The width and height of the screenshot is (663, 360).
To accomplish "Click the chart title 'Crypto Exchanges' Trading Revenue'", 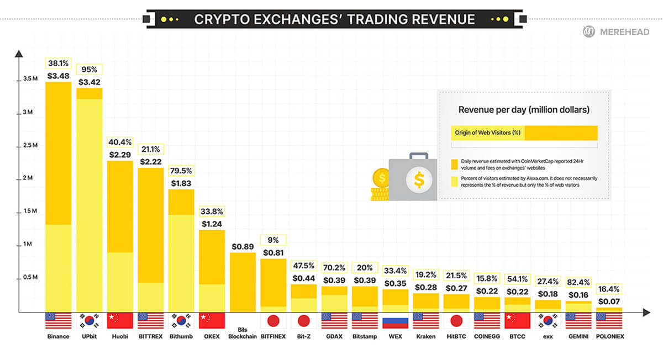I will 334,19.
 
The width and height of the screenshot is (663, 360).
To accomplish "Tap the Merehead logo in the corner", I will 620,33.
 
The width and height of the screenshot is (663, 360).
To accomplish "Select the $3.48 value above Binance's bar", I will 58,76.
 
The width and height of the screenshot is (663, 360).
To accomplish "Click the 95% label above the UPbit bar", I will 89,70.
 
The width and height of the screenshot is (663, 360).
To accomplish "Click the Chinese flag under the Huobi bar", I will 120,321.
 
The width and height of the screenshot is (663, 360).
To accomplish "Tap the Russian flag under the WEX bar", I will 394,321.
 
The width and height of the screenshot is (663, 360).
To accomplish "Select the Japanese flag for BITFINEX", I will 272,321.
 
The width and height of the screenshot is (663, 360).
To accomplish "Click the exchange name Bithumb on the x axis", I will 181,336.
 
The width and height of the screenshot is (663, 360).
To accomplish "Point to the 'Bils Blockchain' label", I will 242,333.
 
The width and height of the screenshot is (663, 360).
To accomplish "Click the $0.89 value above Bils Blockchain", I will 242,246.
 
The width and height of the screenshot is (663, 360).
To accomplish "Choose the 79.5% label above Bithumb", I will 181,171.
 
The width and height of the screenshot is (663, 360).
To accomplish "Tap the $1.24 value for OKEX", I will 212,224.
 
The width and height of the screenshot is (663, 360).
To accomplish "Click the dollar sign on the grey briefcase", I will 419,179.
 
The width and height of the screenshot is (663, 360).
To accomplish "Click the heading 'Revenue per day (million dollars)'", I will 524,110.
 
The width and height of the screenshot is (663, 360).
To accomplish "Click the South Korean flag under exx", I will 547,321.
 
